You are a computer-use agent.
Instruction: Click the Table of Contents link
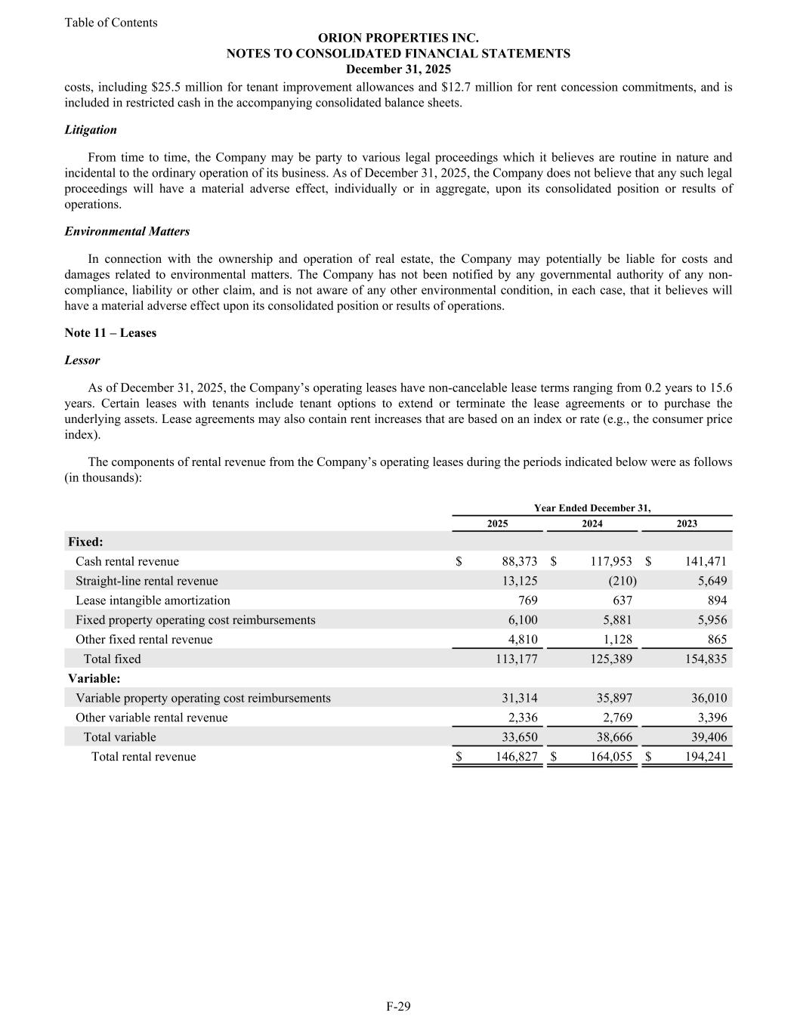[111, 23]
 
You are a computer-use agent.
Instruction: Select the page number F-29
[398, 1006]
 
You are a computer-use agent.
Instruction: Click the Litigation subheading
[91, 130]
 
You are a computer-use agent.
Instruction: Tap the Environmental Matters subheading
[127, 231]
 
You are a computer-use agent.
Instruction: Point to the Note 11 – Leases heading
[110, 333]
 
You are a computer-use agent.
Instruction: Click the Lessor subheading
[82, 360]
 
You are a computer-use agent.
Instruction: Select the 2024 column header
[592, 523]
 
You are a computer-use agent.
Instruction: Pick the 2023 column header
[687, 523]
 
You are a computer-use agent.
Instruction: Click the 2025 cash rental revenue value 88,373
[519, 561]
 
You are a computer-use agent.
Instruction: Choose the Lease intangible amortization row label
[153, 600]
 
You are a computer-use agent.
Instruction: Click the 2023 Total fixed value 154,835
[705, 659]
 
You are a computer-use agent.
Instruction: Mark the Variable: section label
[94, 678]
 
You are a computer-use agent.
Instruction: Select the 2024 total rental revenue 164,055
[610, 757]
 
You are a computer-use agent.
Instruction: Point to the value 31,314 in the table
[519, 698]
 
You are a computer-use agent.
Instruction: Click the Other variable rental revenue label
[151, 718]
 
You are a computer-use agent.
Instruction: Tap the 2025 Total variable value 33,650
[519, 737]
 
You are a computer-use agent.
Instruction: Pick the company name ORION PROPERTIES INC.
[398, 38]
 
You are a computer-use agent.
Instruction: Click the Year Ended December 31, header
[592, 508]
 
